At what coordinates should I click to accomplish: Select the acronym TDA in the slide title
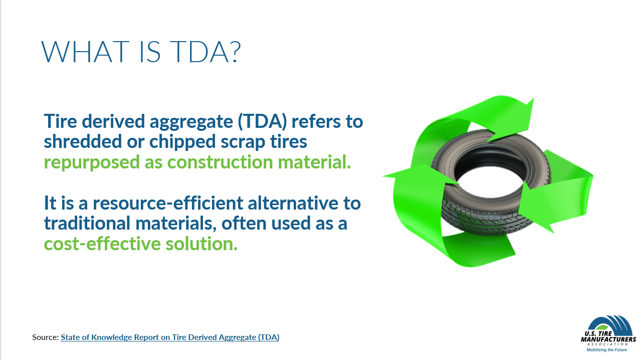pyautogui.click(x=201, y=52)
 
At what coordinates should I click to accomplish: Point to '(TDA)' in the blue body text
pyautogui.click(x=262, y=122)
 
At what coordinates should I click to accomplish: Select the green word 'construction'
pyautogui.click(x=220, y=162)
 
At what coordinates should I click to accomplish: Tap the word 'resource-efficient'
pyautogui.click(x=168, y=203)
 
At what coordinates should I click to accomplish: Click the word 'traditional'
pyautogui.click(x=87, y=223)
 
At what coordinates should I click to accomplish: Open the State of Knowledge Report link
pyautogui.click(x=170, y=337)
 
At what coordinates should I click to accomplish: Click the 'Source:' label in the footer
pyautogui.click(x=46, y=337)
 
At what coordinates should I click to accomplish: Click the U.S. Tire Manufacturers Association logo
pyautogui.click(x=608, y=334)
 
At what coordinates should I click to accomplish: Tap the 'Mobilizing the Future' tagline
pyautogui.click(x=606, y=349)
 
